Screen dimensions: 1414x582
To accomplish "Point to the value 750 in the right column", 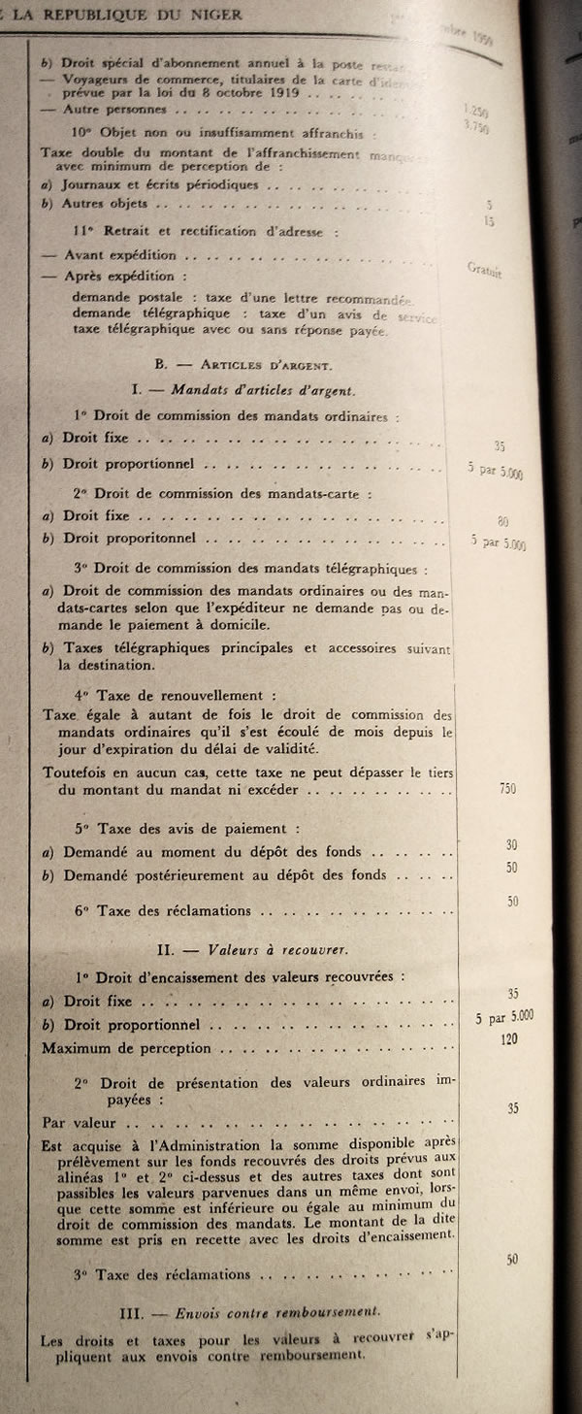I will tap(507, 788).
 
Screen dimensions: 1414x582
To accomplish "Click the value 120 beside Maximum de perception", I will tap(509, 1038).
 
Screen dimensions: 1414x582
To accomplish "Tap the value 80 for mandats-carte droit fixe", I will tap(502, 521).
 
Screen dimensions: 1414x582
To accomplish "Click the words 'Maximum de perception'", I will tap(126, 1048).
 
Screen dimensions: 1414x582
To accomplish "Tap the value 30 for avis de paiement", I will tap(511, 845).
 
